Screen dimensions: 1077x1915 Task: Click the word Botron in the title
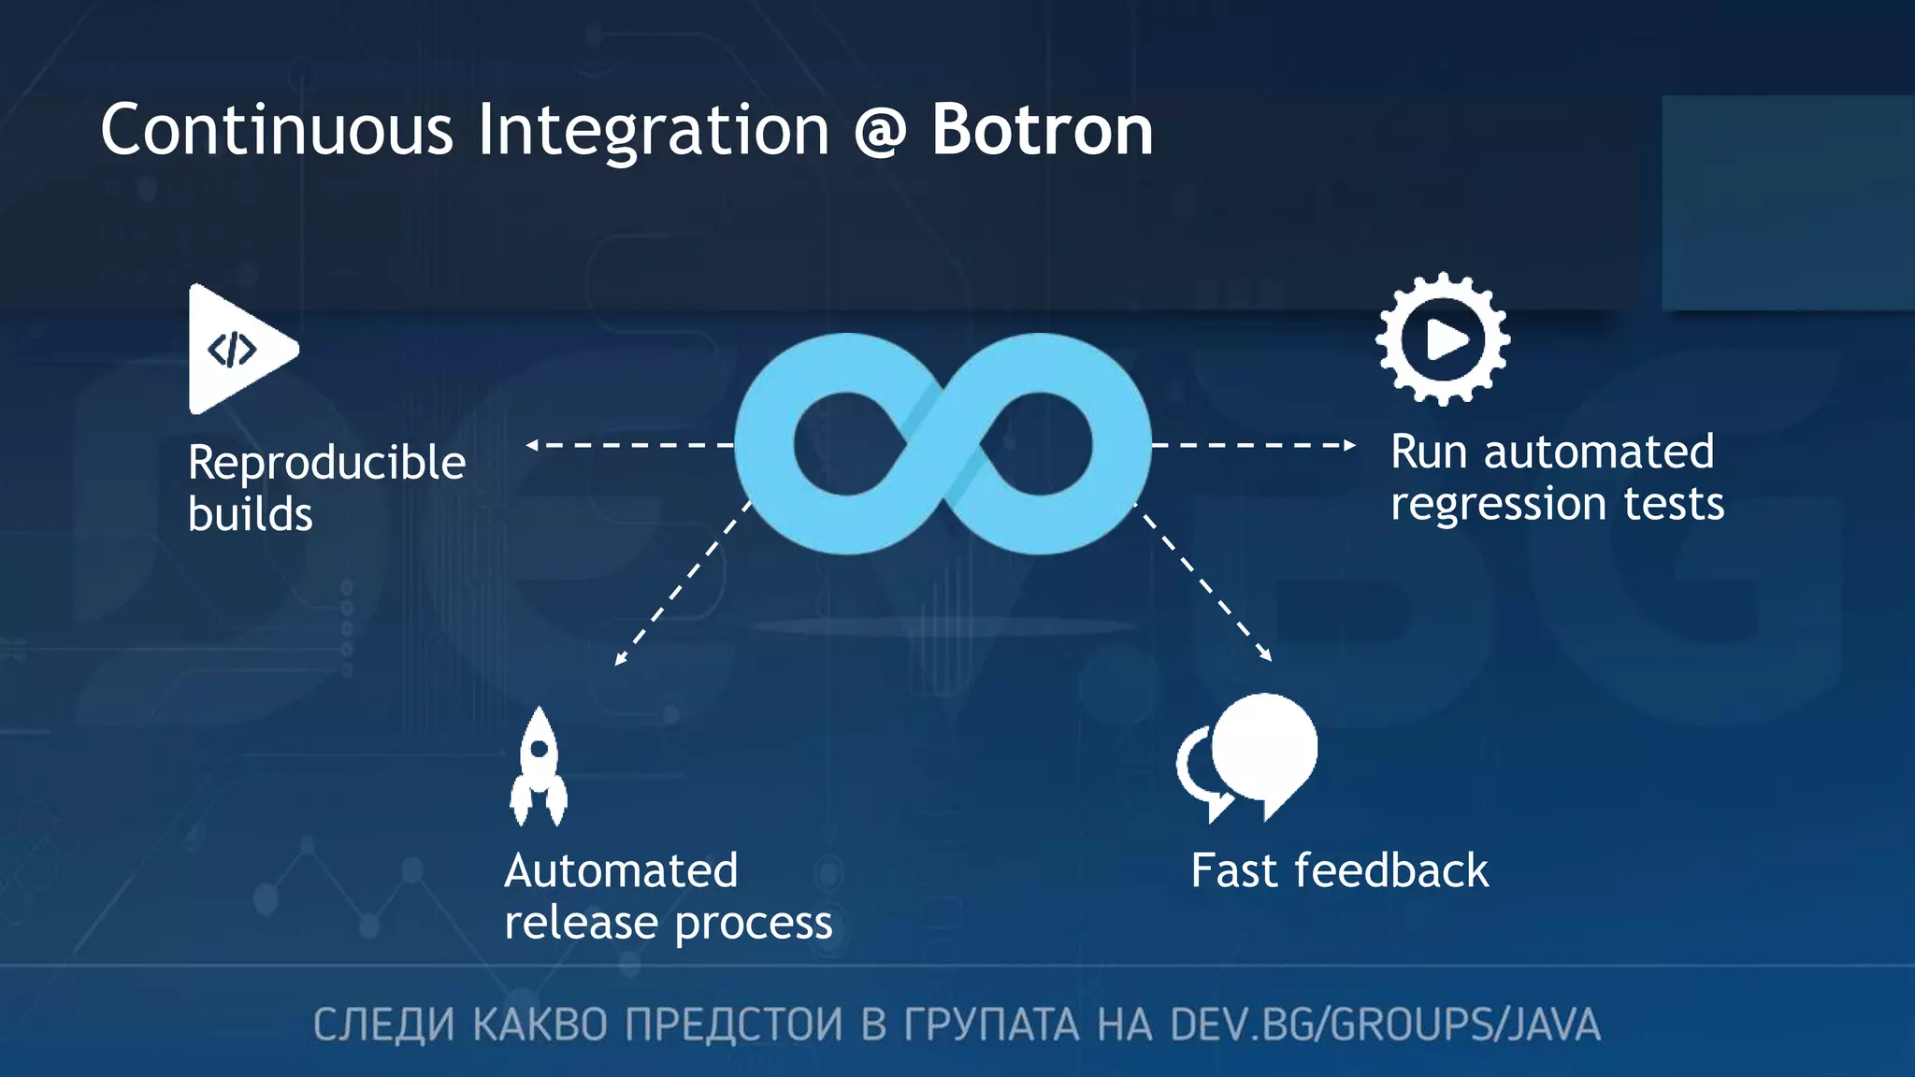pyautogui.click(x=1042, y=130)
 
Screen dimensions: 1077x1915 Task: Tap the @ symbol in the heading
pyautogui.click(x=879, y=132)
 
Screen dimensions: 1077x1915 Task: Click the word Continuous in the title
pyautogui.click(x=277, y=130)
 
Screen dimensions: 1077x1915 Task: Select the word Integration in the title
pyautogui.click(x=653, y=132)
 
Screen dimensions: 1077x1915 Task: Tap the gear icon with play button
pyautogui.click(x=1443, y=339)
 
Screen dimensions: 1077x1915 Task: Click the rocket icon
pyautogui.click(x=539, y=768)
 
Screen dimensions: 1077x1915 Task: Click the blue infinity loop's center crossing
pyautogui.click(x=943, y=444)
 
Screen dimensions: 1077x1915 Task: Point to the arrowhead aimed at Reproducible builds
pyautogui.click(x=532, y=445)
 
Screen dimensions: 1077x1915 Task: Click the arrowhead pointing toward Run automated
pyautogui.click(x=1349, y=445)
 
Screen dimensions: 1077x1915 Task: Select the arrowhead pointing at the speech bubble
pyautogui.click(x=1266, y=655)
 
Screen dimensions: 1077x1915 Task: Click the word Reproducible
pyautogui.click(x=326, y=464)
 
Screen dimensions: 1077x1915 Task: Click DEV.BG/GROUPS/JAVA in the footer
pyautogui.click(x=1385, y=1025)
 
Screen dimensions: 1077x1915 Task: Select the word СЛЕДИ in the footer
pyautogui.click(x=383, y=1025)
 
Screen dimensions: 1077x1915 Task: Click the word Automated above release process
pyautogui.click(x=621, y=871)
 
